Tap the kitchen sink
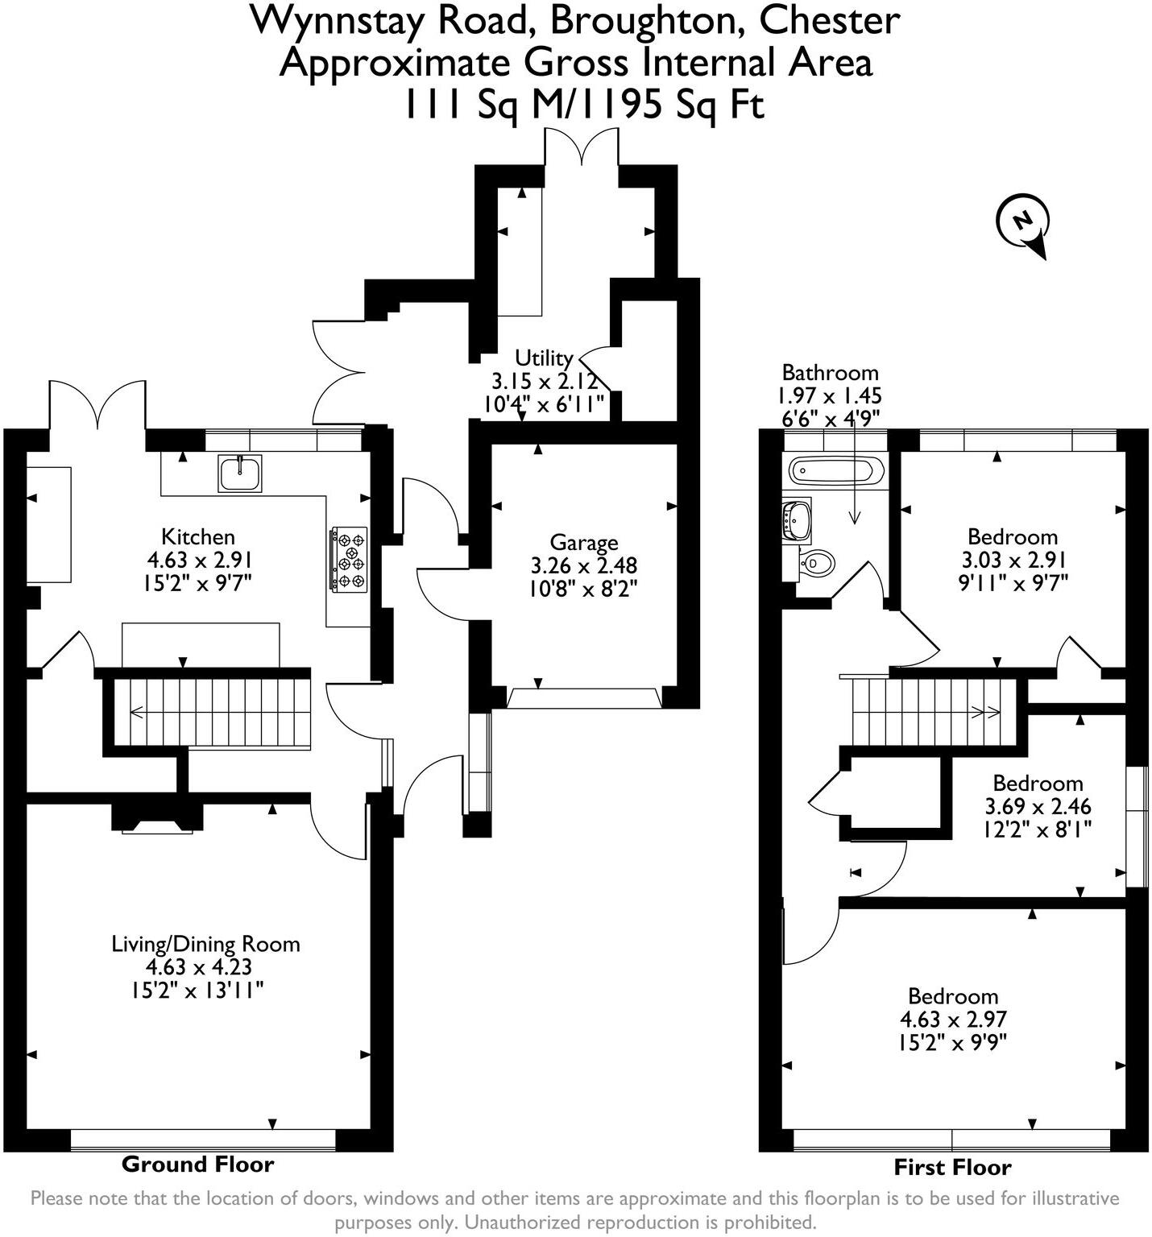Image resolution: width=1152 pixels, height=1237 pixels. [x=239, y=473]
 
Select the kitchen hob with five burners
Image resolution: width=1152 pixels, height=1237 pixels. [x=349, y=559]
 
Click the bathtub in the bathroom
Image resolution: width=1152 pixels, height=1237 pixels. [x=835, y=470]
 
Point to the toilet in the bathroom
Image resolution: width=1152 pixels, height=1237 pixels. [x=816, y=561]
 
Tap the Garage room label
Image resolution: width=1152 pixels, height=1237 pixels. [x=583, y=543]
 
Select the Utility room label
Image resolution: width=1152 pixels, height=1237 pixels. [x=544, y=358]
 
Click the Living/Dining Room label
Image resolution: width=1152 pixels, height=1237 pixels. [x=205, y=944]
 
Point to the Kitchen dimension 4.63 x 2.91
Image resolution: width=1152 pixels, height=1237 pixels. [x=199, y=560]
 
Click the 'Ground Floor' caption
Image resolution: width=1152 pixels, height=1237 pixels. [x=197, y=1164]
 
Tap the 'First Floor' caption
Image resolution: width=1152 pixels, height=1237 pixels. [x=952, y=1167]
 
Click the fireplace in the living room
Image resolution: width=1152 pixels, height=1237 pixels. [x=156, y=819]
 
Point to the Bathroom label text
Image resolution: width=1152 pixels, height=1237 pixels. [x=830, y=372]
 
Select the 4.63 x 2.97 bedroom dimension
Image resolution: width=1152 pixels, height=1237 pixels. [x=953, y=1020]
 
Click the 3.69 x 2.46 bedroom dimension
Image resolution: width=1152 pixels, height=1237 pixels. [x=1038, y=806]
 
